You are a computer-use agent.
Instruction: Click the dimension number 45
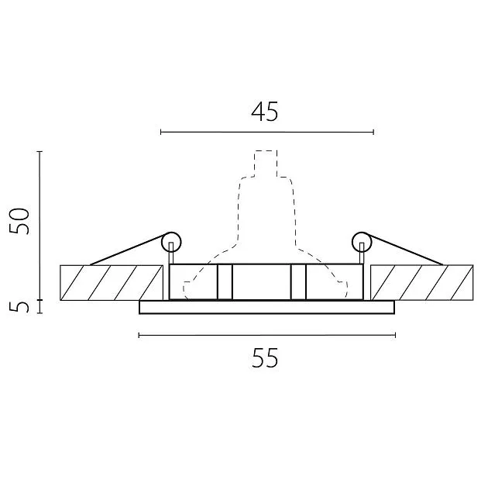coord(265,111)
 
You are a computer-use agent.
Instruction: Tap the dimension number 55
coord(265,357)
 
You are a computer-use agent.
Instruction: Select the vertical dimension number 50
coord(19,222)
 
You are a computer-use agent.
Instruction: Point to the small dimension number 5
coord(19,307)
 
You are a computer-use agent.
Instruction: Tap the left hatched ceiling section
coord(112,282)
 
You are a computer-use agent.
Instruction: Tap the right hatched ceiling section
coord(422,282)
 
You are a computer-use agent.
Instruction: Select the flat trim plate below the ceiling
coord(266,308)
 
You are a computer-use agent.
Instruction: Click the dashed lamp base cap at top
coord(266,164)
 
